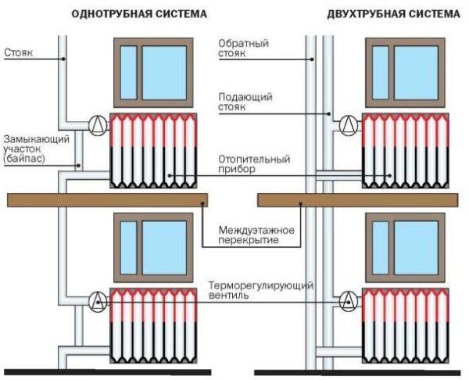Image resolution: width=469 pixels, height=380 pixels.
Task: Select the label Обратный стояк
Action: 243,48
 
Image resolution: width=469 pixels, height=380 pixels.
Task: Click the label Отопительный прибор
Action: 254,164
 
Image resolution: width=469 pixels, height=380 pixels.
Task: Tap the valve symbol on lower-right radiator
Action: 350,298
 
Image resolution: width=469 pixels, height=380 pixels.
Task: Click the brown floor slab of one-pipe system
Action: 108,200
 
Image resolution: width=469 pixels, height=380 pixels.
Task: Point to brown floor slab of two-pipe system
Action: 360,200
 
